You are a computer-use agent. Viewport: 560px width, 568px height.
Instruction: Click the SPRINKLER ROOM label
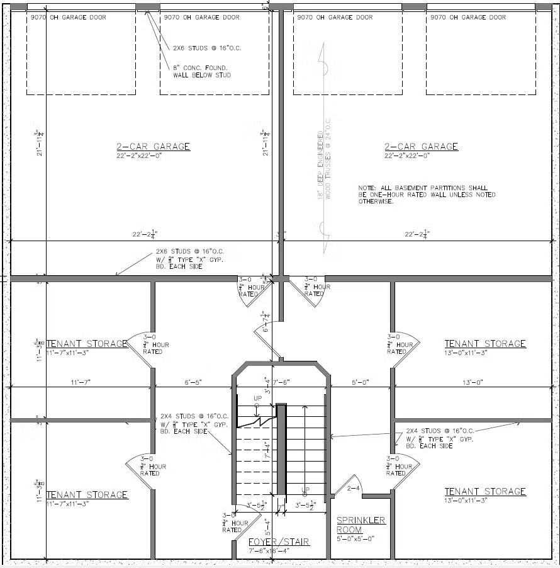[361, 525]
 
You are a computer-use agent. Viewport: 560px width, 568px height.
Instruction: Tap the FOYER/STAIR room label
[279, 542]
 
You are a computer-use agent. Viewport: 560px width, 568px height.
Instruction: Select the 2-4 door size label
[353, 487]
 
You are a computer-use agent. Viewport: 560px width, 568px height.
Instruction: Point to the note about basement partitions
[427, 195]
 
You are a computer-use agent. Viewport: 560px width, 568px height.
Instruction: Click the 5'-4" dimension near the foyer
[267, 525]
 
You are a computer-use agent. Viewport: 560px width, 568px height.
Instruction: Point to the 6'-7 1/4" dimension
[267, 323]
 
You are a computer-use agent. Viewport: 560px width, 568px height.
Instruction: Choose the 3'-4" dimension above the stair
[267, 384]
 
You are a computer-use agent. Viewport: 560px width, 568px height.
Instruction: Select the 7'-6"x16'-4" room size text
[279, 551]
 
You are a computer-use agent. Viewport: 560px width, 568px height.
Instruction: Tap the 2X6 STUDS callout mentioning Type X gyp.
[189, 259]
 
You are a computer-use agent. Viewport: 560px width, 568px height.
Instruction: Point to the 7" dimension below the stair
[281, 506]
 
